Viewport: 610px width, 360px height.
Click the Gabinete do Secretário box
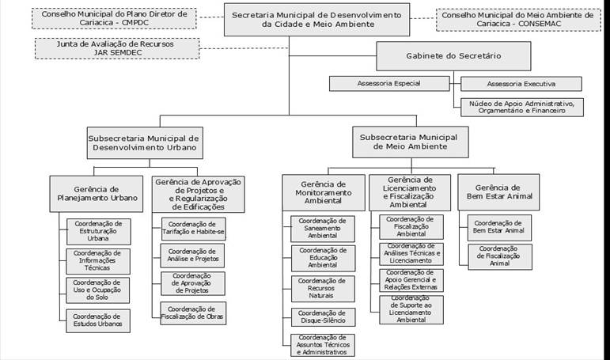[x=453, y=56]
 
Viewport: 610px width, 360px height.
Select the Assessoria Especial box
[x=389, y=83]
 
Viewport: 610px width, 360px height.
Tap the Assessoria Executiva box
[x=521, y=84]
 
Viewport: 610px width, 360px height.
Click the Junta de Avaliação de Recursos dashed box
[x=117, y=48]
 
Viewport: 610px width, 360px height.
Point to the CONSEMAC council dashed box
[x=518, y=20]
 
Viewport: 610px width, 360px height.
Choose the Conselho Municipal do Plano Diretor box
[x=114, y=18]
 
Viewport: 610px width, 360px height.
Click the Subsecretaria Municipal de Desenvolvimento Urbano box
[x=145, y=143]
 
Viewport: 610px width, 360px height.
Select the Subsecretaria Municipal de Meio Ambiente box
[x=410, y=142]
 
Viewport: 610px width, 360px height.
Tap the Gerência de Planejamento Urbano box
[x=96, y=194]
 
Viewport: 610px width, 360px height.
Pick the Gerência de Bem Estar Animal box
[x=498, y=192]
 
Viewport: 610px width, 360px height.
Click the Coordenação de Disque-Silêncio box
[x=323, y=316]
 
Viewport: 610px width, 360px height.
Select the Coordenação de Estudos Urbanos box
[x=98, y=320]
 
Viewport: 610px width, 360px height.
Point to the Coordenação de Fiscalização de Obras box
[x=193, y=313]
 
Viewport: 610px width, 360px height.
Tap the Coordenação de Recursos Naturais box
[x=323, y=288]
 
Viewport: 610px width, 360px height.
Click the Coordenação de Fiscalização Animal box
[x=499, y=256]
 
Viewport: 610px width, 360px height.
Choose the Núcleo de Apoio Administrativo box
[x=521, y=107]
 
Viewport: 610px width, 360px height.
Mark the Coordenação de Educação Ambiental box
[x=323, y=258]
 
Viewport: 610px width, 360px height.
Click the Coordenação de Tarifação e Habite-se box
[x=193, y=229]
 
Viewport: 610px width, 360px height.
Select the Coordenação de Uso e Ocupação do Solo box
[x=97, y=290]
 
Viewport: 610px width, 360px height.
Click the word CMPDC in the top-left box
[x=135, y=23]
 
